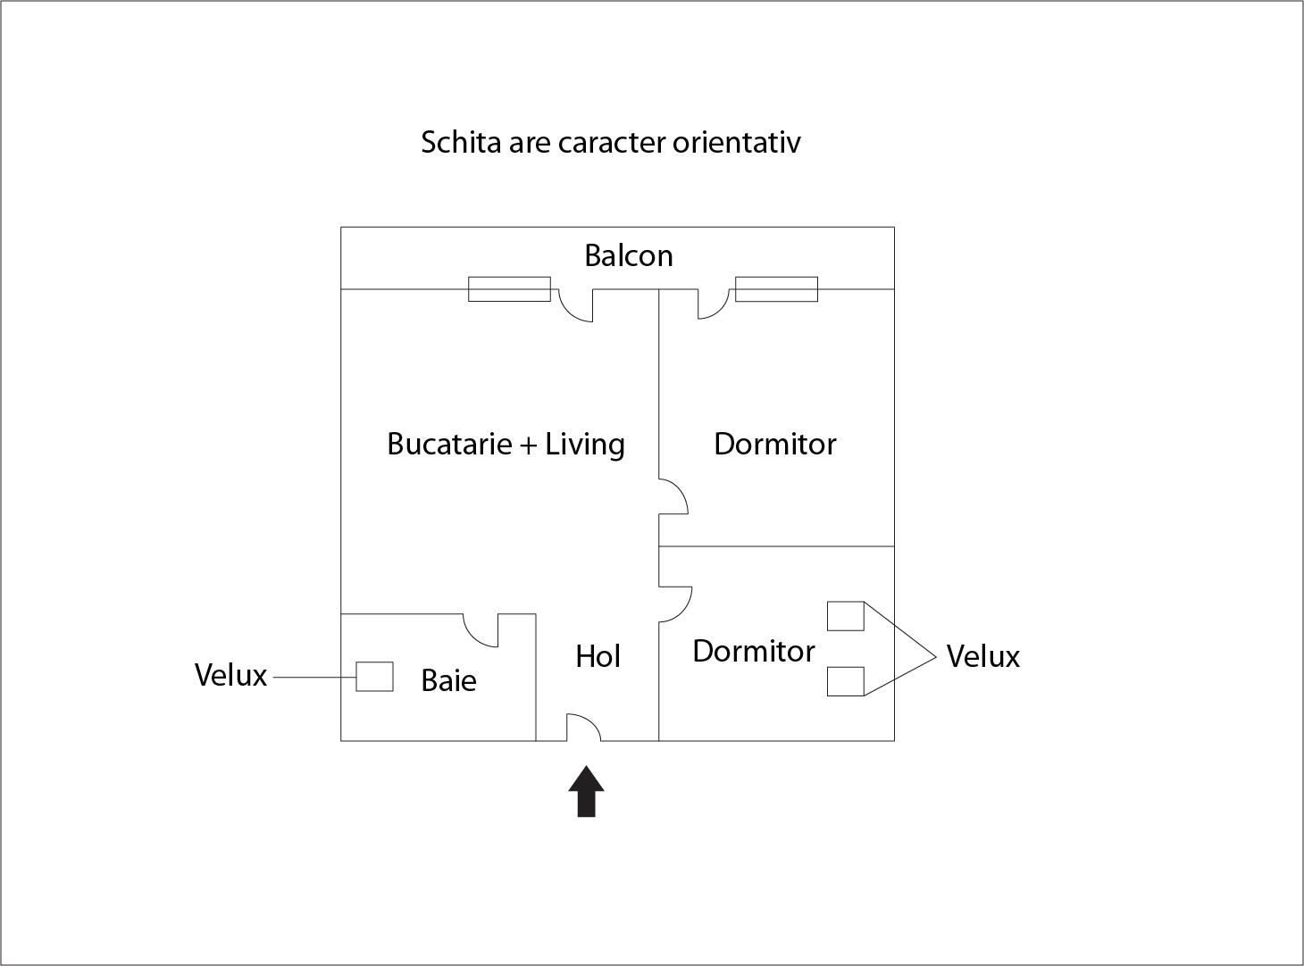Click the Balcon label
tap(628, 256)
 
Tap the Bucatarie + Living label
tap(506, 444)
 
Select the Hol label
tap(598, 656)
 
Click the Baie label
tap(448, 680)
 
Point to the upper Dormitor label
tap(774, 444)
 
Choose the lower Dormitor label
tap(753, 651)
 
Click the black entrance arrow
tap(586, 791)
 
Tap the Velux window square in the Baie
tap(374, 676)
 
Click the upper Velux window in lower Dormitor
tap(845, 616)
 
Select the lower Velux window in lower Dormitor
tap(845, 681)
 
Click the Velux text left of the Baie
tap(230, 675)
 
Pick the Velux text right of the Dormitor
tap(982, 656)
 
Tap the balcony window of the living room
tap(509, 289)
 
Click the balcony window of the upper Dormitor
tap(776, 289)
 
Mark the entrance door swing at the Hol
tap(583, 727)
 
